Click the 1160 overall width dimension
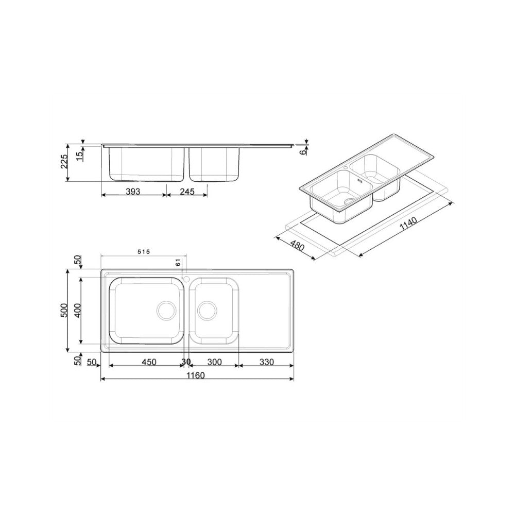click(196, 375)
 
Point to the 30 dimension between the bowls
click(186, 362)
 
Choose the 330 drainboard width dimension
click(266, 362)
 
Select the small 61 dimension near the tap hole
click(178, 263)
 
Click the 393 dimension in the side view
click(133, 191)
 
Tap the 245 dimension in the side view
click(186, 191)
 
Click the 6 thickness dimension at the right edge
click(303, 150)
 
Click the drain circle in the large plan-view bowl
click(166, 310)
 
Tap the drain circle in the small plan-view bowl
click(207, 310)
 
